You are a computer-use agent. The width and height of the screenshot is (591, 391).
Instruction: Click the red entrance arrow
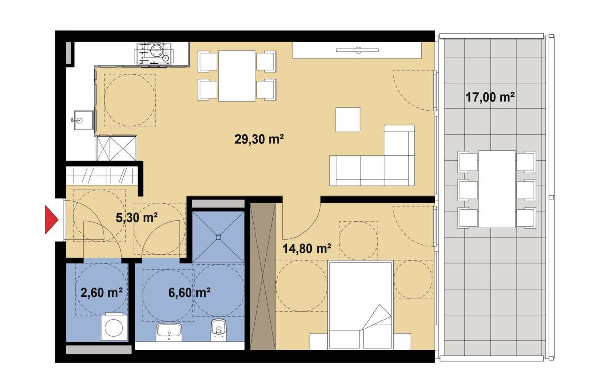click(x=52, y=219)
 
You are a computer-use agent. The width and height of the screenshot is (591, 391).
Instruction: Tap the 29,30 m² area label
click(x=259, y=139)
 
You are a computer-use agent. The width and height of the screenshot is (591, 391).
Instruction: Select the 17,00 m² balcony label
click(x=490, y=97)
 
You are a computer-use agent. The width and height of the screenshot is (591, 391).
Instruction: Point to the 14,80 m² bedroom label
click(x=307, y=248)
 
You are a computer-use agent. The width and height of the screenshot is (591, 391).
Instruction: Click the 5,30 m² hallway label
click(x=136, y=218)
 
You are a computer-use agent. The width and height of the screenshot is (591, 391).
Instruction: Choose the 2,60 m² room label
click(x=101, y=292)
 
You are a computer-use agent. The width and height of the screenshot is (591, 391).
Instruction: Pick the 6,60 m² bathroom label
click(x=189, y=292)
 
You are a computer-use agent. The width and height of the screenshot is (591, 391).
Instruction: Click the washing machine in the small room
click(x=114, y=327)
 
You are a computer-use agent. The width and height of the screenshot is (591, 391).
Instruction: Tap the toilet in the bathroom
click(x=218, y=330)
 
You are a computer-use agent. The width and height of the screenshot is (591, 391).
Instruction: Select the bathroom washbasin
click(x=169, y=332)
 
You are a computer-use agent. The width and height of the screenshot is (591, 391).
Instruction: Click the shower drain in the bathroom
click(x=218, y=237)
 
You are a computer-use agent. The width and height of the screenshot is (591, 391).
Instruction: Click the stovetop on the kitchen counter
click(x=154, y=54)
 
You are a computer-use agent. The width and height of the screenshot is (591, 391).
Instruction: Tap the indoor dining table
click(x=237, y=76)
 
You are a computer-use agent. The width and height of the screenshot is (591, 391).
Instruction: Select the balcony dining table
click(x=497, y=189)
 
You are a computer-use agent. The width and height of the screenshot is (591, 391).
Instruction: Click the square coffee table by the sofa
click(x=347, y=120)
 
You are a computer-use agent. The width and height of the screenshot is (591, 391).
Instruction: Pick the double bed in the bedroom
click(x=361, y=305)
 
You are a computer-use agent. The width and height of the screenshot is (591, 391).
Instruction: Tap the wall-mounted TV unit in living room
click(x=357, y=50)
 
